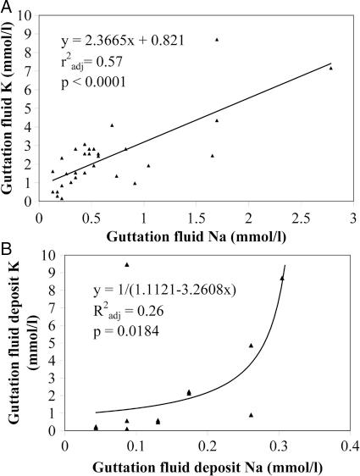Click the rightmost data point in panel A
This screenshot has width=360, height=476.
click(x=330, y=68)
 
